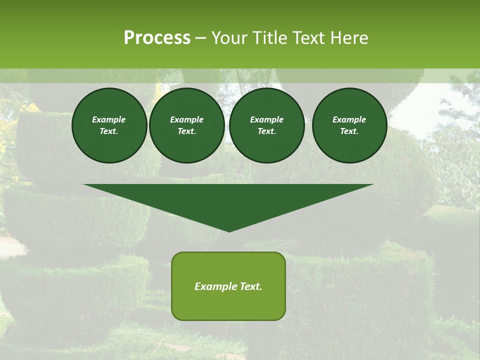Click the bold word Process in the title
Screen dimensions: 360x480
157,38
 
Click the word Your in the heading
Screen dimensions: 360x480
230,38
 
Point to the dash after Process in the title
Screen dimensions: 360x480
200,38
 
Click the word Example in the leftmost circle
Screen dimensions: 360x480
109,119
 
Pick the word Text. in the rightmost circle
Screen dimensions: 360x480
349,131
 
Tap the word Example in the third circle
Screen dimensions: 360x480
266,119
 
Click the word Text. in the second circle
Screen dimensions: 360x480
187,131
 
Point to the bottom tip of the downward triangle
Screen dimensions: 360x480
229,231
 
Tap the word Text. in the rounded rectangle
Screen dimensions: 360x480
251,286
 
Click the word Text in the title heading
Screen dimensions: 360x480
308,38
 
